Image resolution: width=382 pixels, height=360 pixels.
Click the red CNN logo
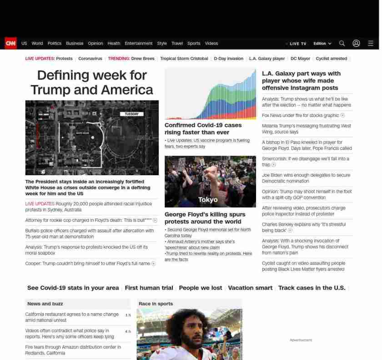(10, 43)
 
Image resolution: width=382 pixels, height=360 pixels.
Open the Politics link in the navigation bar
(54, 44)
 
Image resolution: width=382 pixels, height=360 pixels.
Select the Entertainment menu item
(138, 44)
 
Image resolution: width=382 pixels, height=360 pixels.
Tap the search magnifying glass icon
(342, 44)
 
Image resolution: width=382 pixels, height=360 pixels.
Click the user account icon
(356, 44)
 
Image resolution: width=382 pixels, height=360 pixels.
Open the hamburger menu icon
(371, 44)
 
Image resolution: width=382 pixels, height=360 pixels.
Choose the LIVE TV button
(297, 44)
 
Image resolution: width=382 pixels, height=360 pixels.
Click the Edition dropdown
(322, 44)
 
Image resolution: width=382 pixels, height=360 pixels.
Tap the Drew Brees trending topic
(143, 59)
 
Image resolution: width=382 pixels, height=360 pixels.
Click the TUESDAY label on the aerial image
(131, 114)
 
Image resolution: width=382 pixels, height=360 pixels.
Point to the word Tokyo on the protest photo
(208, 199)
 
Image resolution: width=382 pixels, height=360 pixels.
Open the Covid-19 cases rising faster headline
(203, 128)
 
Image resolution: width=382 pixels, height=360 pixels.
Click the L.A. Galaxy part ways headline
(301, 81)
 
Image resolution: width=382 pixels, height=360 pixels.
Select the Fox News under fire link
(301, 116)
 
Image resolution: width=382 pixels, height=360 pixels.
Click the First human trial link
(149, 288)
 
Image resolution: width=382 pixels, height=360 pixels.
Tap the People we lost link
(201, 288)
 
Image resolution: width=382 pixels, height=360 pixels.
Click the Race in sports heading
(156, 304)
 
